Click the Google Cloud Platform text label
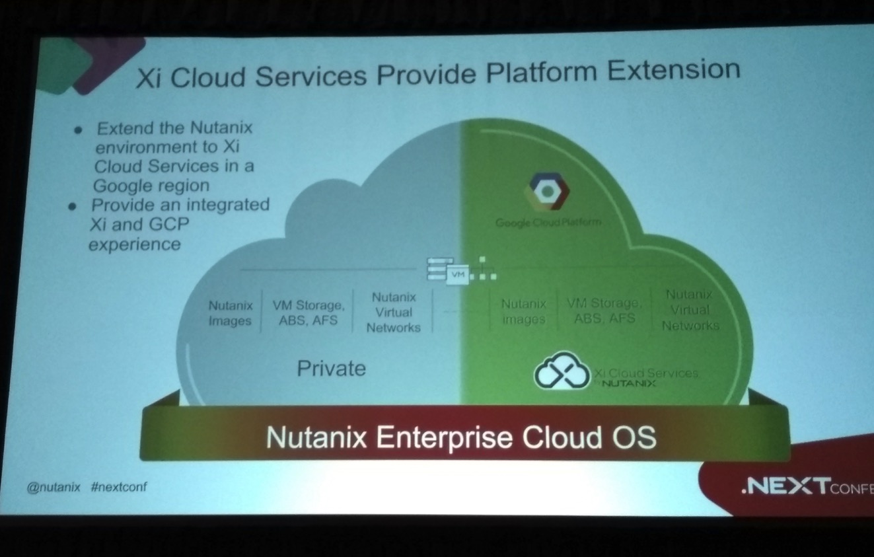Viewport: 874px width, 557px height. [x=548, y=223]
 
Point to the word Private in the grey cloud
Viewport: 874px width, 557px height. [x=331, y=368]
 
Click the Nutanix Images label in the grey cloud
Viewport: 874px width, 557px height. [x=231, y=313]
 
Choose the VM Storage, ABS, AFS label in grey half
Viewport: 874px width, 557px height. [x=309, y=312]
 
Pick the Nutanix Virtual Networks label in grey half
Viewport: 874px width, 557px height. [x=393, y=312]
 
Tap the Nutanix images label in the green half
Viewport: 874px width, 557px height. [x=523, y=312]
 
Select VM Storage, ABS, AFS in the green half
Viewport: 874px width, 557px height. [x=604, y=310]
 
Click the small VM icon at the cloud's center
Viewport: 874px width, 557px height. [x=456, y=272]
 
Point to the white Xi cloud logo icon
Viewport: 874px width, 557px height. [x=561, y=373]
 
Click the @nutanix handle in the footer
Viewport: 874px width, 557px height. [x=54, y=487]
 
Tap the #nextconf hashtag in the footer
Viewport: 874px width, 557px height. [x=120, y=487]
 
